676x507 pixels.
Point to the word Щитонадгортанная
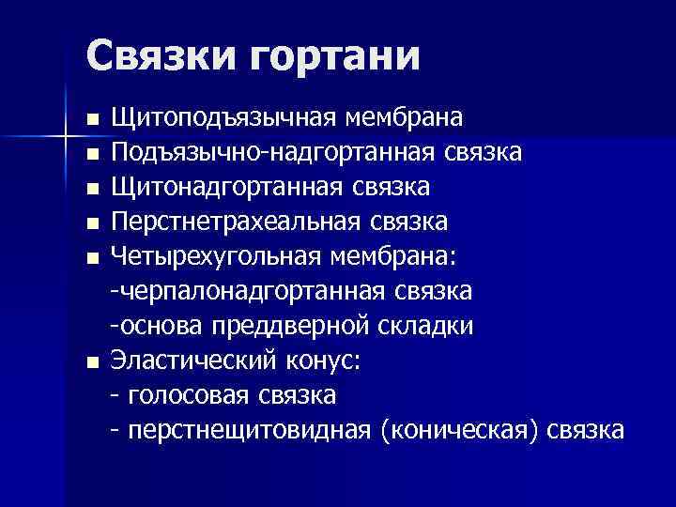(225, 188)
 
